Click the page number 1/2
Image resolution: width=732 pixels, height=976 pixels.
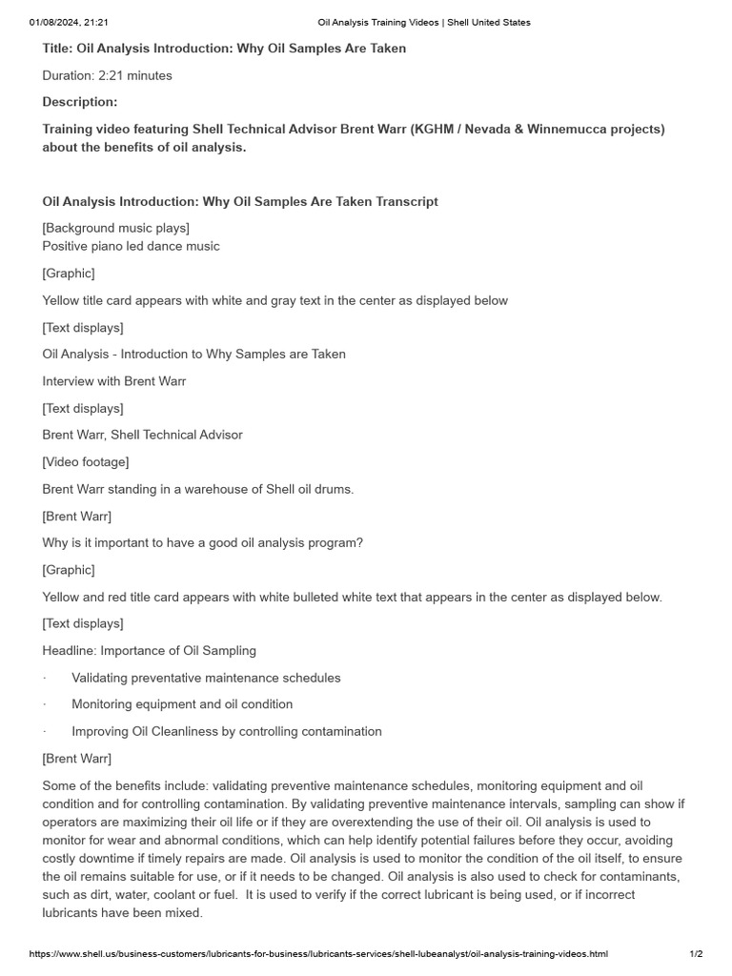click(x=696, y=953)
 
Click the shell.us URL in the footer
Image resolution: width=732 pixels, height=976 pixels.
click(x=318, y=953)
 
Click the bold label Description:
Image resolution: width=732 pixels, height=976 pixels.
click(x=80, y=102)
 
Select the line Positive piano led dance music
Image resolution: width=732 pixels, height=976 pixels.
click(x=131, y=246)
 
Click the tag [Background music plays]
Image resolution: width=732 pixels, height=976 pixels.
click(x=115, y=227)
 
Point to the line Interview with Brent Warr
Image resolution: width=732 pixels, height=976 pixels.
click(x=114, y=381)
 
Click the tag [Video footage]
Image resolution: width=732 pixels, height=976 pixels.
click(x=86, y=462)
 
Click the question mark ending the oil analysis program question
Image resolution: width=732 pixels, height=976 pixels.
click(x=359, y=543)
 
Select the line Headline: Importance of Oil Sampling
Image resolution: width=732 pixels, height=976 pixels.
click(x=150, y=651)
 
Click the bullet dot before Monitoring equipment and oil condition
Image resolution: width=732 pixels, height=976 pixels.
click(x=45, y=704)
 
